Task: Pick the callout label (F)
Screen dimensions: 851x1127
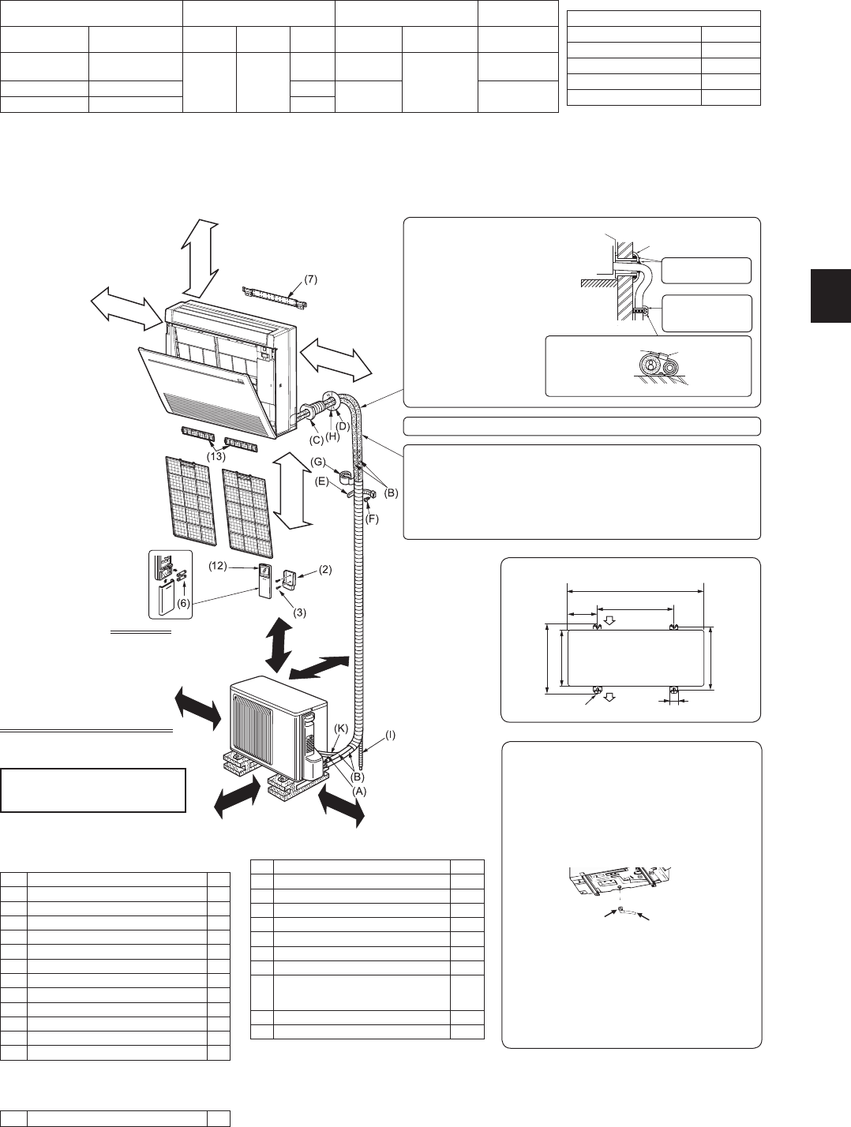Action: tap(373, 519)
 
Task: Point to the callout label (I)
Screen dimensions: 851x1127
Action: tap(391, 735)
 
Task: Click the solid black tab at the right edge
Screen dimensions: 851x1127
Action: tap(830, 295)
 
